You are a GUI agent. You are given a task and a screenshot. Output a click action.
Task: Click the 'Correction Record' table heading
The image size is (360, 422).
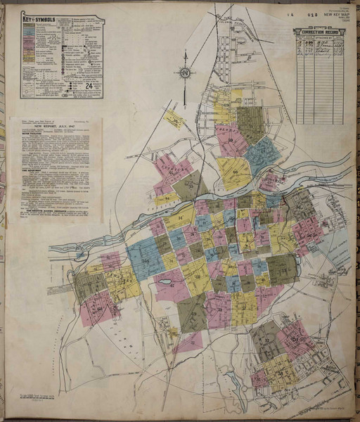319,32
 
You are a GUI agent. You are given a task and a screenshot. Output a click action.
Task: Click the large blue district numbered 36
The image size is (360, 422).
146,256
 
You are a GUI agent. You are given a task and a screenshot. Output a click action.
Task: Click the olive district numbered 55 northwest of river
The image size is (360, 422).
188,185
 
